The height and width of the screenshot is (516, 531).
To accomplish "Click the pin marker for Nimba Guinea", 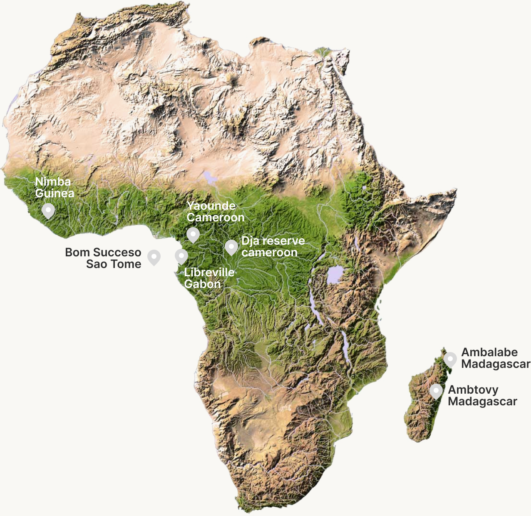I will (x=48, y=210).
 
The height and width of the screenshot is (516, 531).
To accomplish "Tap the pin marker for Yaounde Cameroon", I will (x=193, y=234).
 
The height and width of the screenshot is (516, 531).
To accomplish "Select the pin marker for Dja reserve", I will (x=231, y=246).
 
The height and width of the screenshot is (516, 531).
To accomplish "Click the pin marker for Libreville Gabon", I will (x=181, y=256).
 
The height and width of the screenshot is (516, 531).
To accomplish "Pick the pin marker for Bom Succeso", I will (x=154, y=256).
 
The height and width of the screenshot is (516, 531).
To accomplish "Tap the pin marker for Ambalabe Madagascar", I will (x=450, y=358).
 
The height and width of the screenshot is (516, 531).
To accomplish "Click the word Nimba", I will (x=53, y=181).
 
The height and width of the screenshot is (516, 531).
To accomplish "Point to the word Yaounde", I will (x=211, y=206).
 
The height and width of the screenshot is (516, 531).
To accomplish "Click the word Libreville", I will (x=209, y=272).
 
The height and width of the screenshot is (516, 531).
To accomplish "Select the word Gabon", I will (x=202, y=284).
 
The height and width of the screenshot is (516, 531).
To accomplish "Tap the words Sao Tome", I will (x=114, y=264).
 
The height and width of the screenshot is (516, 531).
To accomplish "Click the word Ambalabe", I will (x=489, y=352).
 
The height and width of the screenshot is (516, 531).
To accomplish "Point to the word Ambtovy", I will (x=473, y=389).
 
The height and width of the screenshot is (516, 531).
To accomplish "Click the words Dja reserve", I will (x=273, y=241).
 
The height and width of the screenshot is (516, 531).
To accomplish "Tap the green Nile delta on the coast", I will (x=322, y=52).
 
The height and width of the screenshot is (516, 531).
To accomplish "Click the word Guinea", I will (x=55, y=193).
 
